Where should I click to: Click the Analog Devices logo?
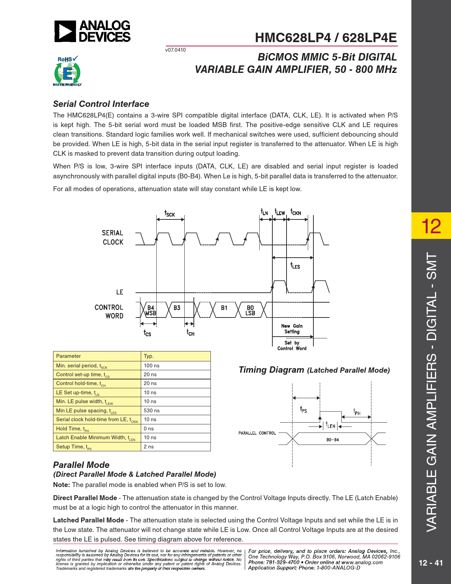[92, 31]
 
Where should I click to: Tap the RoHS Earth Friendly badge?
[67, 71]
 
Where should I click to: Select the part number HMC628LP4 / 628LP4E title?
[326, 38]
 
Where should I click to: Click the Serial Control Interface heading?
[101, 104]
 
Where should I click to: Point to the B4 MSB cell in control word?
[151, 310]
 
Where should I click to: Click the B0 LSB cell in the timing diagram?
[250, 310]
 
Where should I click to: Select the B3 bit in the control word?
[177, 308]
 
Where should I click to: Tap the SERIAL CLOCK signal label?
[112, 237]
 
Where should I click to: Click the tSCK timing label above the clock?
[169, 213]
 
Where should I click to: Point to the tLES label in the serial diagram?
[295, 265]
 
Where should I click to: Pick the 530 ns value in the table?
[152, 411]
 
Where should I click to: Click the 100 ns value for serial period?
[152, 366]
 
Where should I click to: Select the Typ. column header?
[149, 356]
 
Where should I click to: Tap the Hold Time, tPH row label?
[73, 429]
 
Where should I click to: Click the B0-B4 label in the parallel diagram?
[333, 440]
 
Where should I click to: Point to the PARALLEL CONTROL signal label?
[257, 433]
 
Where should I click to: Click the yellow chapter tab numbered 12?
[431, 226]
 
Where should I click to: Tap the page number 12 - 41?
[431, 563]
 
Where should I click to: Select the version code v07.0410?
[175, 50]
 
